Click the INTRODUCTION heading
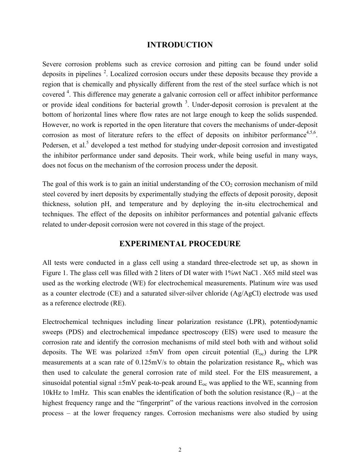tap(180, 45)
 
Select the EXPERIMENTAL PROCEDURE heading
tap(180, 244)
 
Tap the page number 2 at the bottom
tap(180, 450)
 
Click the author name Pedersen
tap(55, 145)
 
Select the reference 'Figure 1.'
tap(56, 273)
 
